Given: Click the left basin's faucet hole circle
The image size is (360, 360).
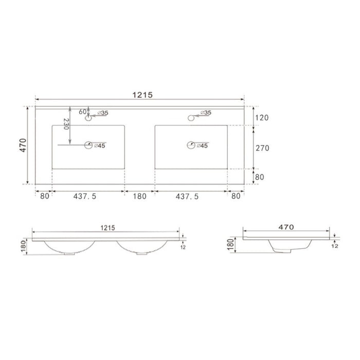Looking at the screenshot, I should [87, 118].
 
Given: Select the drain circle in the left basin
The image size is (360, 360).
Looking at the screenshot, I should [88, 146].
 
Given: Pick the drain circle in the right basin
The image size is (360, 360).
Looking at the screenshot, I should [192, 146].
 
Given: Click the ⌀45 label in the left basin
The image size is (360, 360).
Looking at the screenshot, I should [100, 146].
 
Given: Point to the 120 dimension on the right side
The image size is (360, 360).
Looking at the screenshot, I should [262, 117].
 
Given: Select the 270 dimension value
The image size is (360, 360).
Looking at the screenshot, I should [262, 148].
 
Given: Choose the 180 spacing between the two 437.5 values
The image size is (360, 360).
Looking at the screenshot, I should [140, 196].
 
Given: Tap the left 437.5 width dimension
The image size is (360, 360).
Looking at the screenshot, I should [85, 196].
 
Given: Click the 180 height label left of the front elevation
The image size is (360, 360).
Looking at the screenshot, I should [23, 246].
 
